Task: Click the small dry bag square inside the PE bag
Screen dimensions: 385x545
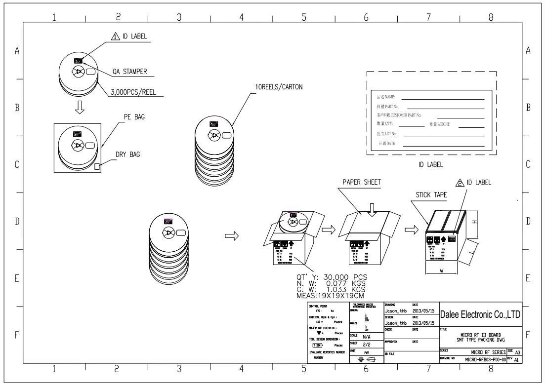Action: (x=97, y=167)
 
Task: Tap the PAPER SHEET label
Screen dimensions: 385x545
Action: (x=361, y=182)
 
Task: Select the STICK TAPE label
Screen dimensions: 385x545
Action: (x=429, y=195)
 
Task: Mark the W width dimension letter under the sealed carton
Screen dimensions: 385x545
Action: (x=441, y=270)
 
